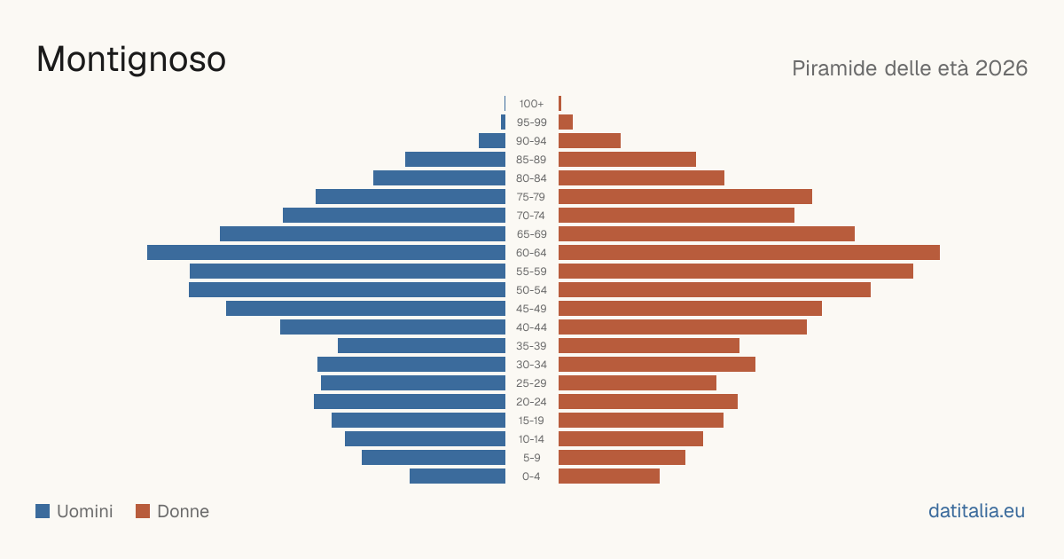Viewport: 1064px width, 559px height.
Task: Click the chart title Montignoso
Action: (131, 60)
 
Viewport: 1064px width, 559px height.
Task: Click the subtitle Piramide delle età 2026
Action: (910, 68)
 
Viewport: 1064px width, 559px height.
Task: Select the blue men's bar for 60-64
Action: (326, 252)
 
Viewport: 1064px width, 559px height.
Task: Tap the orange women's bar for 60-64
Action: (749, 252)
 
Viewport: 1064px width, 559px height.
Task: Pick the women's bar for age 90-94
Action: (590, 141)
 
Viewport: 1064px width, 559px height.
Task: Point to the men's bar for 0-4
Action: (458, 476)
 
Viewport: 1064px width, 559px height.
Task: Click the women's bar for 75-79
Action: (685, 196)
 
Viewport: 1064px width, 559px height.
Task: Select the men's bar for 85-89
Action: (455, 159)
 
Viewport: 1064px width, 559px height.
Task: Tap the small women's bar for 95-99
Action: (566, 122)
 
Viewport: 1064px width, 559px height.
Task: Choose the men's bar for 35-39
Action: (421, 345)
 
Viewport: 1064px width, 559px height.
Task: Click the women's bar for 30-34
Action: (657, 364)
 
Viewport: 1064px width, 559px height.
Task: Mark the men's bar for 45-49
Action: (365, 309)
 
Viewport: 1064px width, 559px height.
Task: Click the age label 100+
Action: (531, 104)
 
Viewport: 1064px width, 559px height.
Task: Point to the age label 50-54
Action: (531, 290)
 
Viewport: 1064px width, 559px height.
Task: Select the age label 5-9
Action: (531, 457)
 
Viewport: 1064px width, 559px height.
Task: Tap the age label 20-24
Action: (531, 402)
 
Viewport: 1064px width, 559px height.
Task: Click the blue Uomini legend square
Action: (43, 511)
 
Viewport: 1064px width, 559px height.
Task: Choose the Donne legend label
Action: (183, 511)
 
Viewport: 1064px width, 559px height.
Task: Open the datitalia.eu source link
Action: (976, 511)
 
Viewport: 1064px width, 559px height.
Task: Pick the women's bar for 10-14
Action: (630, 438)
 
